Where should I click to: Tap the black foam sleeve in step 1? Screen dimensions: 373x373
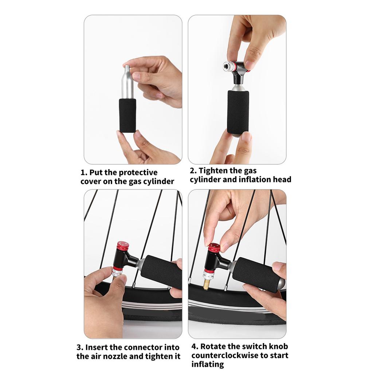click(127, 115)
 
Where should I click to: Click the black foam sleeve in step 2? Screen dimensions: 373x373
click(238, 112)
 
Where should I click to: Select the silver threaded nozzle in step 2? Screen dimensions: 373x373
click(228, 66)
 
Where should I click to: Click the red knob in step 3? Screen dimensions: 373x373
click(123, 246)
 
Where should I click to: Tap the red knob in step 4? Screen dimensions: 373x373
click(214, 248)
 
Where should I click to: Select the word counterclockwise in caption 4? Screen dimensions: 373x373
click(225, 355)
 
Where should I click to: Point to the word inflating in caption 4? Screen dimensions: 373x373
click(207, 364)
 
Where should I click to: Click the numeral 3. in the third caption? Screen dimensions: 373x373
click(80, 347)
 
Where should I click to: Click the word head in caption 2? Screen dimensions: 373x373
click(282, 179)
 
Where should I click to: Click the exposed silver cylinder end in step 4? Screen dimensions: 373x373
click(282, 283)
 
